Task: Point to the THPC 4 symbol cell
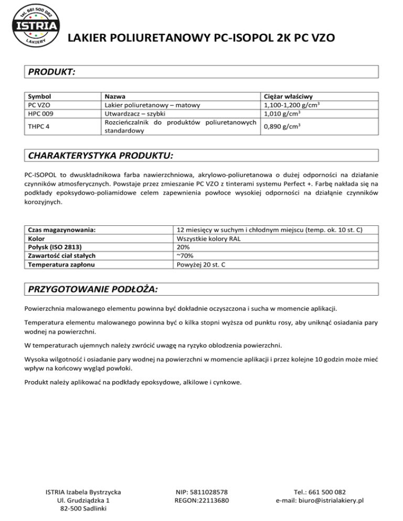click(38, 126)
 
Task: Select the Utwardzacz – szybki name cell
click(135, 113)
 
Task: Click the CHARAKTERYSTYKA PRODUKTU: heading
click(100, 156)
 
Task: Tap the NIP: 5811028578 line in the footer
click(201, 492)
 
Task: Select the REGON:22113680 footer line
click(201, 501)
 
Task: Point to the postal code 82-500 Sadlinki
click(84, 509)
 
